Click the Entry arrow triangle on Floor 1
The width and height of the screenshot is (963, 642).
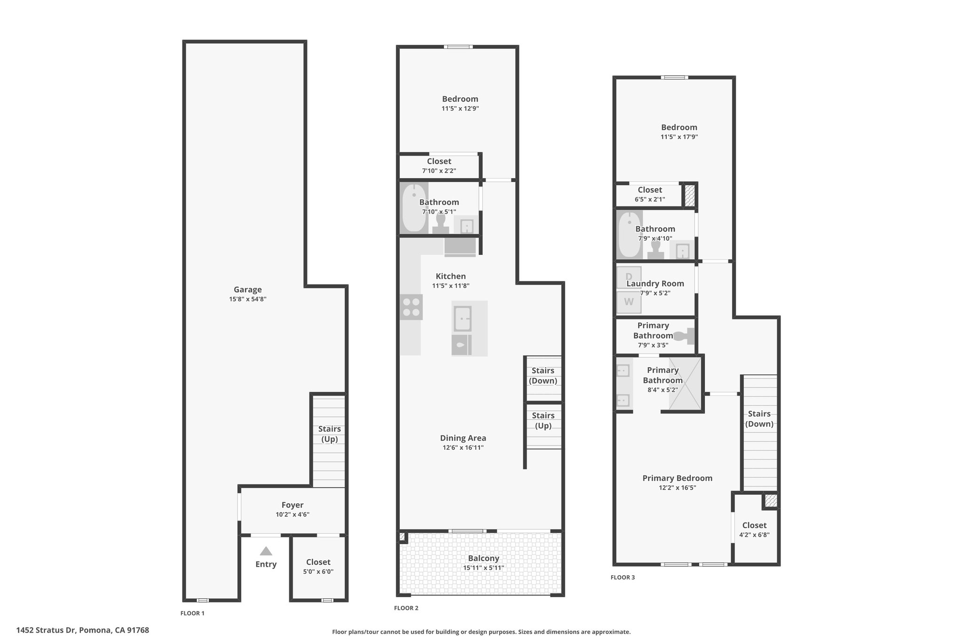pyautogui.click(x=266, y=551)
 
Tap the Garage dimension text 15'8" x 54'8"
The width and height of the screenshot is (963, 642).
pyautogui.click(x=248, y=299)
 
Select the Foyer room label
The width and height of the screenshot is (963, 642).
pyautogui.click(x=292, y=505)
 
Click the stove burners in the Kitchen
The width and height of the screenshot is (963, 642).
pyautogui.click(x=411, y=307)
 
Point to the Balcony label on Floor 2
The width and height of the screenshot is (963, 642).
pyautogui.click(x=483, y=558)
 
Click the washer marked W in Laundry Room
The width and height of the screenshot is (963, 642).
pyautogui.click(x=629, y=302)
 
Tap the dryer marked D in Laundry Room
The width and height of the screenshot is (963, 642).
pyautogui.click(x=629, y=277)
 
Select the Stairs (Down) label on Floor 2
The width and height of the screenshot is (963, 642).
pyautogui.click(x=543, y=376)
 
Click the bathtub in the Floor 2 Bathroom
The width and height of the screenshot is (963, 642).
pyautogui.click(x=414, y=207)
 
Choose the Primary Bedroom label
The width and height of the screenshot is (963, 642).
pyautogui.click(x=677, y=478)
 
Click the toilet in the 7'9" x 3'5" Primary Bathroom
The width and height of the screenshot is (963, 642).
pyautogui.click(x=684, y=336)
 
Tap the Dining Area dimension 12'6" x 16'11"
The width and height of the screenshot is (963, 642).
pyautogui.click(x=463, y=448)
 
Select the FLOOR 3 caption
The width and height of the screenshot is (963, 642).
pyautogui.click(x=623, y=578)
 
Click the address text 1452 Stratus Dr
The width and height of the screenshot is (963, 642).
pyautogui.click(x=46, y=630)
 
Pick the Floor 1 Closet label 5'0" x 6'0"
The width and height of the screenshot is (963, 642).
pyautogui.click(x=318, y=572)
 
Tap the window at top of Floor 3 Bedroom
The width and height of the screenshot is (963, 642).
pyautogui.click(x=674, y=78)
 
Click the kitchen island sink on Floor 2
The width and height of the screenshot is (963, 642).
pyautogui.click(x=462, y=318)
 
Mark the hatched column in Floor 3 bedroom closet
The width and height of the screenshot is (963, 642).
pyautogui.click(x=689, y=195)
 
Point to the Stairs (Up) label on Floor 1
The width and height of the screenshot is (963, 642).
pyautogui.click(x=330, y=434)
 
